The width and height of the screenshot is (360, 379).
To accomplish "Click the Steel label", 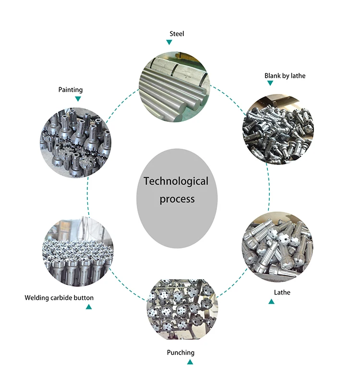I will coord(177,34).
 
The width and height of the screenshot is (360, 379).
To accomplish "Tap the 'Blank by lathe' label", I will coord(285,76).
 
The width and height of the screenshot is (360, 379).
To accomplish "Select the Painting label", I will coord(71,90).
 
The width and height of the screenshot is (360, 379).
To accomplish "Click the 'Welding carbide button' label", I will coord(59,298).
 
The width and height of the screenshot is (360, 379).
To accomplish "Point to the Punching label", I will coord(180,353).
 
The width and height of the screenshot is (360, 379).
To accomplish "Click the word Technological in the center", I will coord(176,181).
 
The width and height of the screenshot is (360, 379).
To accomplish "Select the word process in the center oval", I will coord(177,199).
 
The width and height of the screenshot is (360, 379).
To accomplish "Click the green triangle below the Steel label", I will coord(169,42).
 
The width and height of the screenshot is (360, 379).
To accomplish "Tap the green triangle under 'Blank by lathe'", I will coord(270,83).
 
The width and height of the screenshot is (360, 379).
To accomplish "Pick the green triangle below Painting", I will coord(78,99).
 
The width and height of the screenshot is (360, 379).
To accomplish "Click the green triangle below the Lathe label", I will coord(272,301).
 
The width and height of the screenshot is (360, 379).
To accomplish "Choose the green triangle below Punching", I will coord(191,362).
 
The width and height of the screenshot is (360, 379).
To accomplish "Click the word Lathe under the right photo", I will coord(282,292).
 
